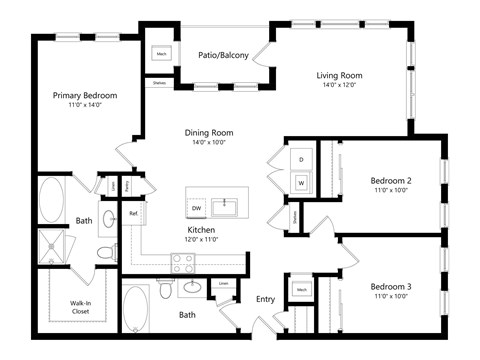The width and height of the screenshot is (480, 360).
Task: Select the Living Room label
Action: pyautogui.click(x=339, y=75)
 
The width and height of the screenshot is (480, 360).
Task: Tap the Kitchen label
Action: pyautogui.click(x=200, y=229)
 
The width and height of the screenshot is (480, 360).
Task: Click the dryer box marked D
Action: pyautogui.click(x=301, y=160)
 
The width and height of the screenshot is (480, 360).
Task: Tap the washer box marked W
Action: pyautogui.click(x=301, y=183)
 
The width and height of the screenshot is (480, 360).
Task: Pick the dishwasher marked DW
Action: pyautogui.click(x=196, y=207)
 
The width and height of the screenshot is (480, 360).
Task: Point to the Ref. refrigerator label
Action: pyautogui.click(x=133, y=214)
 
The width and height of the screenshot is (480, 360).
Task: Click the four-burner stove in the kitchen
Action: pyautogui.click(x=183, y=263)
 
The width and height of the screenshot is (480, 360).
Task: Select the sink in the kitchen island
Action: pyautogui.click(x=228, y=206)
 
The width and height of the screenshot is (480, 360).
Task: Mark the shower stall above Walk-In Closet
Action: pyautogui.click(x=50, y=246)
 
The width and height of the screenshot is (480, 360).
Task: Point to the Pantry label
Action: pyautogui.click(x=127, y=186)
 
